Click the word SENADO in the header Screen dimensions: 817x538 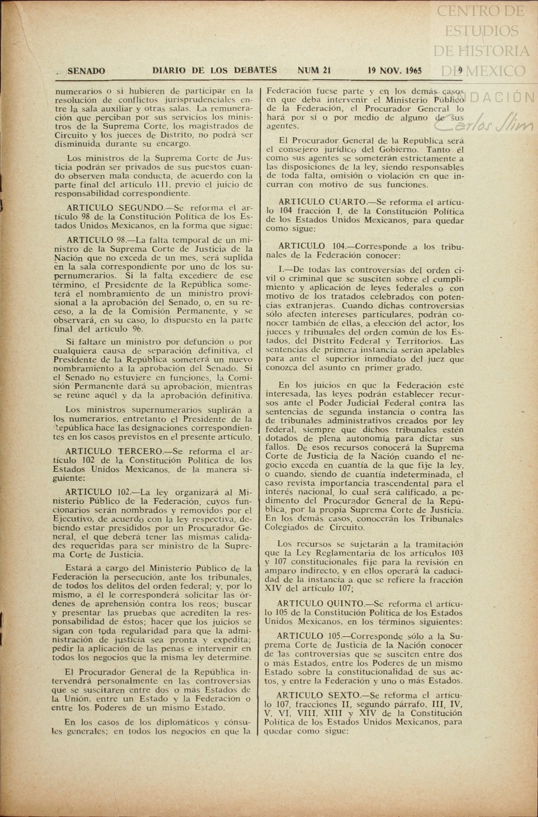86,71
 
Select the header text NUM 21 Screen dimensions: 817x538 314,70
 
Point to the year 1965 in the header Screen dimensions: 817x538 413,70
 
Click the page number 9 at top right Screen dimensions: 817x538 460,70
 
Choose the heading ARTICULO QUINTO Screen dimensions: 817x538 320,604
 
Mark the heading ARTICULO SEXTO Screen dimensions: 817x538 317,694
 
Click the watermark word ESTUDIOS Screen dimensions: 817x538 481,31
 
